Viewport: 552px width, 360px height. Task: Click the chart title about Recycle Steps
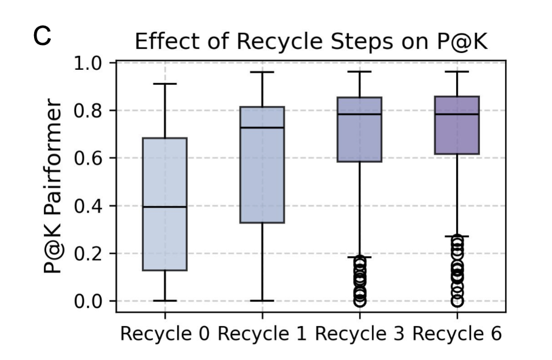(311, 42)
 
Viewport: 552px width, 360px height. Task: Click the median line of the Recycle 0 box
(165, 207)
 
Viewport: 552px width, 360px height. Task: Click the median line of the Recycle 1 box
(262, 127)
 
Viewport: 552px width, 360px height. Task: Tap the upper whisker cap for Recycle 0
(165, 84)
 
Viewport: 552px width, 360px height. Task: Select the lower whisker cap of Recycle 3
(359, 257)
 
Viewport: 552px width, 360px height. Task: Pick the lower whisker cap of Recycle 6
(457, 236)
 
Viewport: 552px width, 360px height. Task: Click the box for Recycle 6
(457, 133)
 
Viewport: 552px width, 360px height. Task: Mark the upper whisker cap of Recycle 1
(262, 72)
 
